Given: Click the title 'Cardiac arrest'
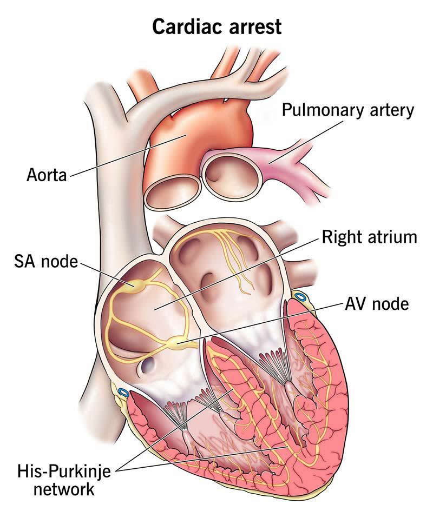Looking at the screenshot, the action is (217, 26).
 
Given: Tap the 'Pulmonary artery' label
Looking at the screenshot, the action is (347, 110).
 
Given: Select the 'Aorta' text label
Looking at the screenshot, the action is (47, 175).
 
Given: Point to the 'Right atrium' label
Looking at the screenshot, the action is (370, 237).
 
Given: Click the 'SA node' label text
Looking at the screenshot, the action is (46, 262).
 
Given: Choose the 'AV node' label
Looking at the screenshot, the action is (377, 303).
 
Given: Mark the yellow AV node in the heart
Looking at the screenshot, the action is (176, 343).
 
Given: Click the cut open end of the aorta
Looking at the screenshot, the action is (173, 191).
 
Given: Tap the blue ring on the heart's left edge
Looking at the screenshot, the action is (123, 393).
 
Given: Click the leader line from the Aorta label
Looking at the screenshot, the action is (128, 155).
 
